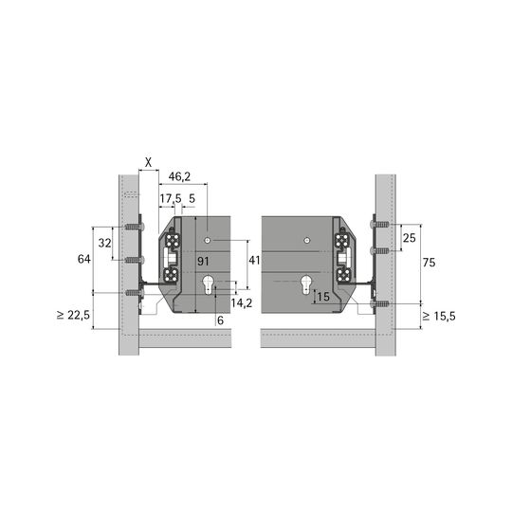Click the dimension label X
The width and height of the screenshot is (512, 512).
coord(148,162)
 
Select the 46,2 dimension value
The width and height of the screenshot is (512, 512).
coord(179,177)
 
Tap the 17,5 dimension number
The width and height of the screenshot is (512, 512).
coord(170,198)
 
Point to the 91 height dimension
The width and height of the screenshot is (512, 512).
coord(203,262)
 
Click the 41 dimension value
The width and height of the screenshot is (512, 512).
coord(254,260)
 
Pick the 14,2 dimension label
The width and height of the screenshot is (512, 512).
coord(242,303)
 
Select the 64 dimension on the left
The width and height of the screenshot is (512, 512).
coord(84,259)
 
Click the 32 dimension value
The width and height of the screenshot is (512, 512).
coord(105,243)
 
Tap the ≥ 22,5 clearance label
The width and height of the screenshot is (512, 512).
coord(73,315)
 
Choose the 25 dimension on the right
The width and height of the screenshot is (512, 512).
coord(410,238)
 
